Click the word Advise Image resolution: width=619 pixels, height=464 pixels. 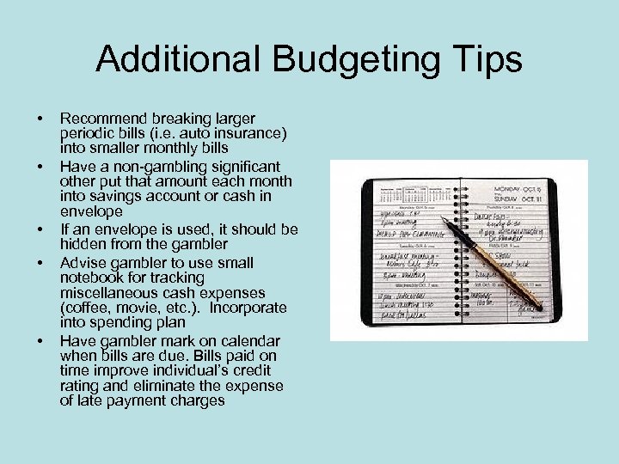tap(83, 261)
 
